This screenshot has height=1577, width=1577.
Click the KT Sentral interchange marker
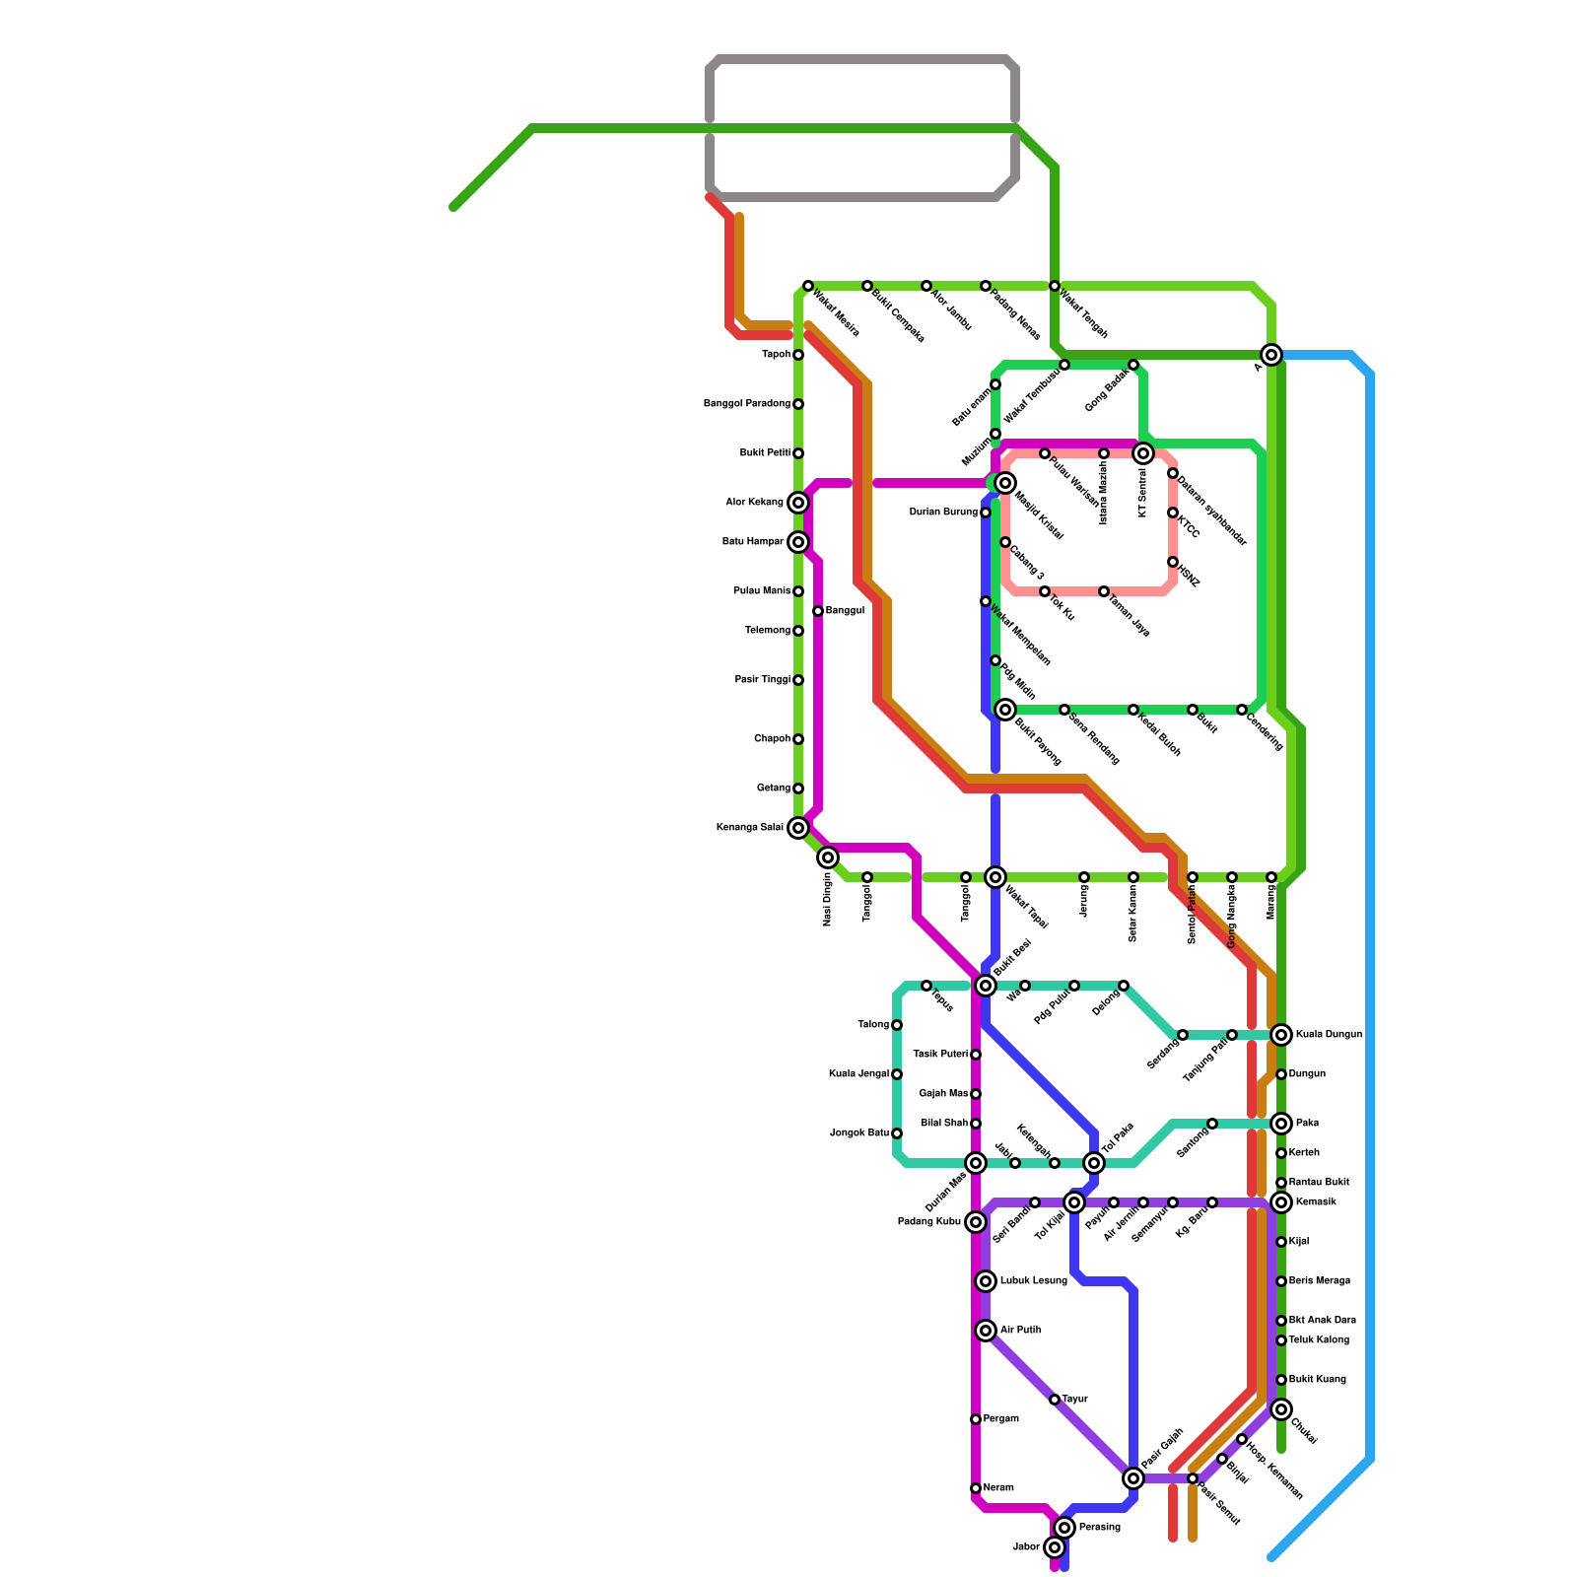point(1143,453)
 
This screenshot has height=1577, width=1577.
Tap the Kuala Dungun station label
point(1329,1035)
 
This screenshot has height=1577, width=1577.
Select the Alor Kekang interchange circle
point(798,503)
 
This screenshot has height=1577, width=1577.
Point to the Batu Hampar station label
point(752,542)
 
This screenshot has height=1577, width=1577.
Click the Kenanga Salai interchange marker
point(798,828)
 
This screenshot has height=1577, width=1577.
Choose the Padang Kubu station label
point(928,1222)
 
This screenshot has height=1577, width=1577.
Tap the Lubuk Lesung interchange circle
point(986,1281)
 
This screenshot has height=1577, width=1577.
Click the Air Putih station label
point(1020,1331)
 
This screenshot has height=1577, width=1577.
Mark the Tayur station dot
point(1055,1400)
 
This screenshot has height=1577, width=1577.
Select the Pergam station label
point(1001,1419)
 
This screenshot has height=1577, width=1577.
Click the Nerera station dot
point(976,1488)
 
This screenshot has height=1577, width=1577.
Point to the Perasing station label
point(1099,1528)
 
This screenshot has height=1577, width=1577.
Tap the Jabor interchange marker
point(1055,1547)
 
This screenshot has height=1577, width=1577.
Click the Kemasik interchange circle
point(1281,1202)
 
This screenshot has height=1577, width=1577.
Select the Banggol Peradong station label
point(746,404)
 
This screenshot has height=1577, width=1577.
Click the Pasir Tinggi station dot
point(798,680)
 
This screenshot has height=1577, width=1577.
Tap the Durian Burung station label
point(943,513)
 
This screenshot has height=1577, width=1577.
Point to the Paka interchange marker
point(1281,1124)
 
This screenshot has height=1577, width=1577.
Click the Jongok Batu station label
point(859,1133)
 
